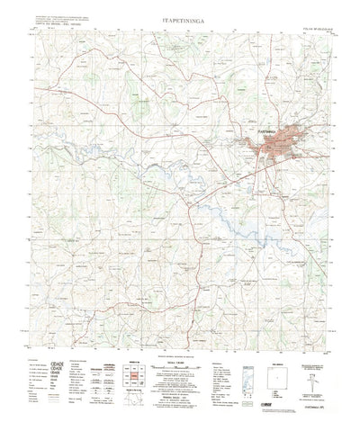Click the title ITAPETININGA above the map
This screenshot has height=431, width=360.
click(x=180, y=13)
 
